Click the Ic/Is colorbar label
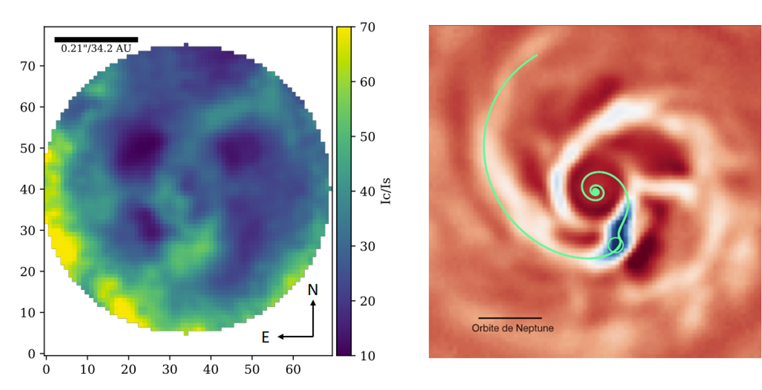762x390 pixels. pos(394,191)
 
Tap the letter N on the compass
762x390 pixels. pos(313,290)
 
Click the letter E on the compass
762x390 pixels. pos(265,338)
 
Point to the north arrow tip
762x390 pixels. pos(313,302)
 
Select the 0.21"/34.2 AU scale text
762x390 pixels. pos(96,49)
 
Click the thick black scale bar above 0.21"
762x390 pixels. pos(96,39)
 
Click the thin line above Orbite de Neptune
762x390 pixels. pos(510,318)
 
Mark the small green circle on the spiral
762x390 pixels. pos(615,245)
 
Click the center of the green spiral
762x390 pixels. pos(596,191)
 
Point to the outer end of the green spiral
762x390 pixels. pos(537,55)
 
